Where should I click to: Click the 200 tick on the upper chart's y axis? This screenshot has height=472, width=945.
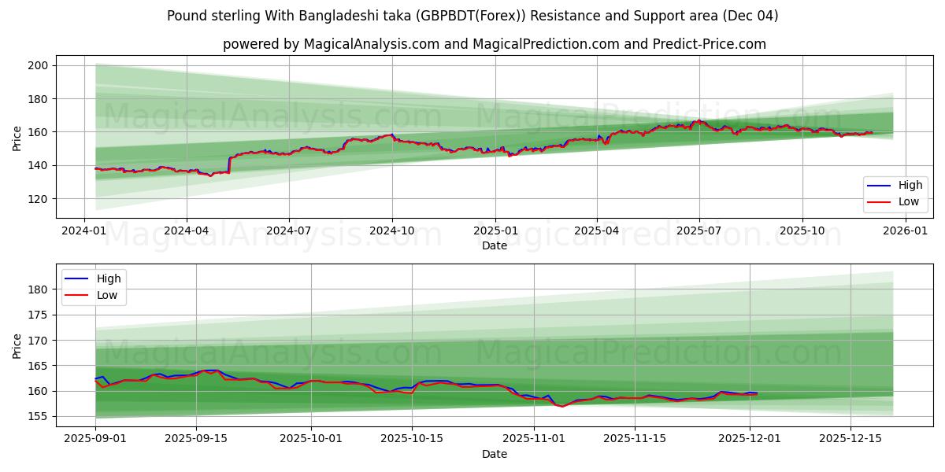39,65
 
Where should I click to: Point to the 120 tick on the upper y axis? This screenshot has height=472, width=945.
39,198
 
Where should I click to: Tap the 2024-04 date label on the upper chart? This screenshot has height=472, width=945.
187,231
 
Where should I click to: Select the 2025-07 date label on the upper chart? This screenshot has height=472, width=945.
699,231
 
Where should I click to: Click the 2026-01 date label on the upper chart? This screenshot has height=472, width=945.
905,231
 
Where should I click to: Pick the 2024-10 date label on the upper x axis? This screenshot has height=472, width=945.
392,231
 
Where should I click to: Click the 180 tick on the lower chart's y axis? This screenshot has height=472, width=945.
39,289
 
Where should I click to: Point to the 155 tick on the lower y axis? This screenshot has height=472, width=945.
39,416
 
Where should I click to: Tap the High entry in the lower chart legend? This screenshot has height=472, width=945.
109,278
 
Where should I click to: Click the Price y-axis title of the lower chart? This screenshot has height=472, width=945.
17,345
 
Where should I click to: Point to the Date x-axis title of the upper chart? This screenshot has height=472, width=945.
495,245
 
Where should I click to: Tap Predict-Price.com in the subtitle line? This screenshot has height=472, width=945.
710,44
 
